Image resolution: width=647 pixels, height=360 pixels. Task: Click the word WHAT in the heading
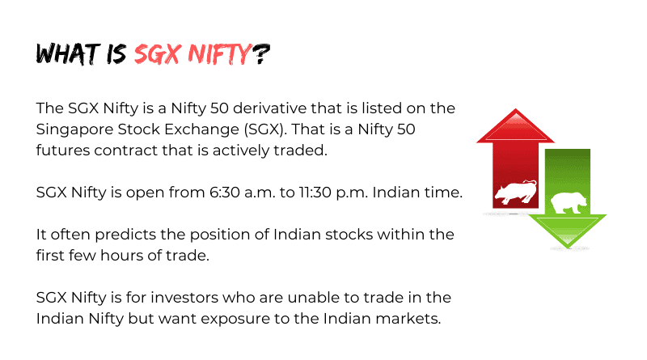[x=68, y=53]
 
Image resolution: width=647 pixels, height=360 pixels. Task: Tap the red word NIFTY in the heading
[x=219, y=54]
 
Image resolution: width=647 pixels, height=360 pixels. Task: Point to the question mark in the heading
[x=260, y=53]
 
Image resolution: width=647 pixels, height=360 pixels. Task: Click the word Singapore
[x=74, y=130]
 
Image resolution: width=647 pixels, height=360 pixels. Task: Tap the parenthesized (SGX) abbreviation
[x=265, y=129]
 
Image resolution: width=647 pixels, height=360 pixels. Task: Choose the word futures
[x=63, y=150]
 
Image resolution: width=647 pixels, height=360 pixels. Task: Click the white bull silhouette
[x=516, y=192]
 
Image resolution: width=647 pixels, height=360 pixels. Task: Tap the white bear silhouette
[x=569, y=203]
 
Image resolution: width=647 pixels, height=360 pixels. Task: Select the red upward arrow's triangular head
[x=515, y=126]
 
